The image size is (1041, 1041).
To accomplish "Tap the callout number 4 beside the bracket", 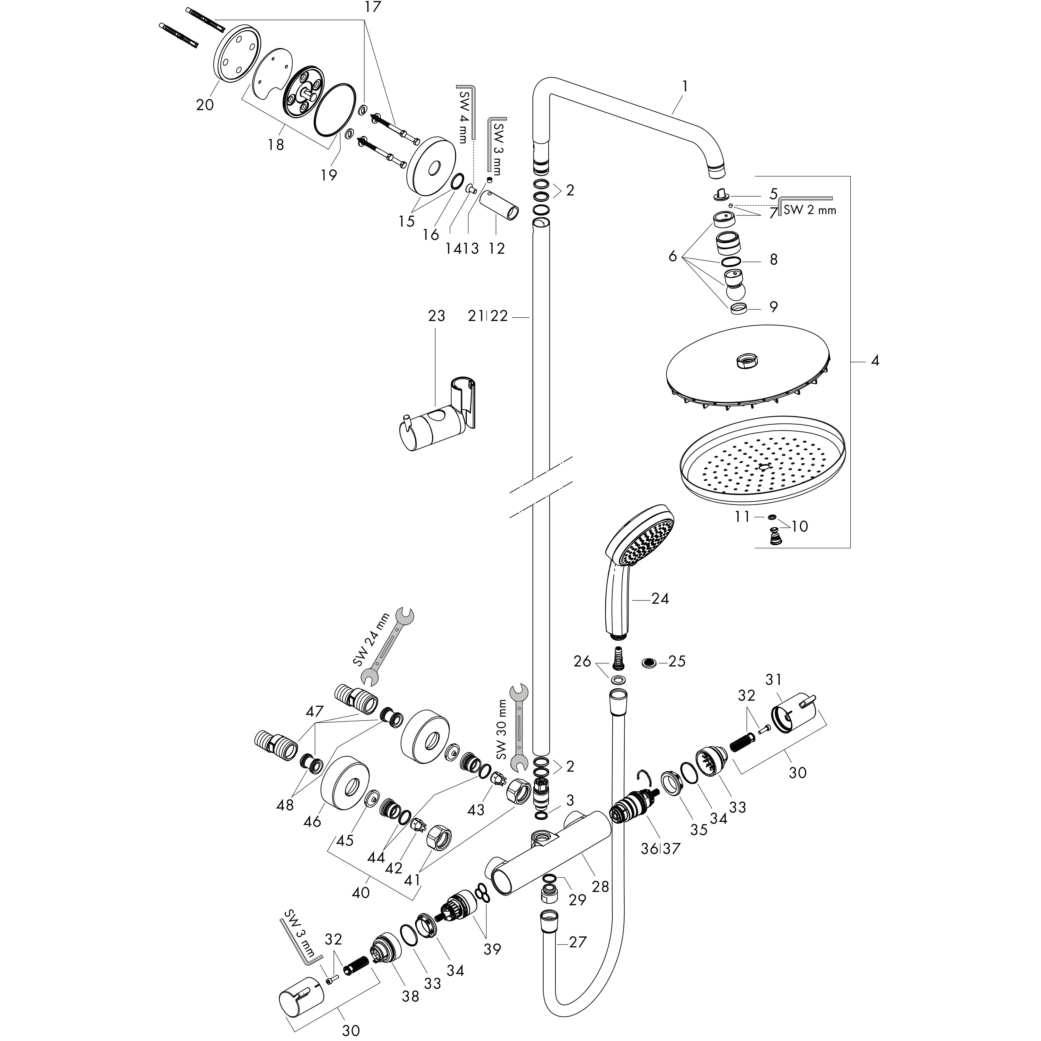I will click(875, 361).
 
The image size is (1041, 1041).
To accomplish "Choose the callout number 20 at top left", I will click(205, 104).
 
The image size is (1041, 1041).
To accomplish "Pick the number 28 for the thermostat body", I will click(600, 886).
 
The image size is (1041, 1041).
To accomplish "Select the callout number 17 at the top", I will click(372, 8).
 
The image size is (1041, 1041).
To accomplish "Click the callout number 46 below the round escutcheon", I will click(313, 822).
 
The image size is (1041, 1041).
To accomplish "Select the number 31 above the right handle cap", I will click(774, 680).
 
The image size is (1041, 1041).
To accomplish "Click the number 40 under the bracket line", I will click(360, 893).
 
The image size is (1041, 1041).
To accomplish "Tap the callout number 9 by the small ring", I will click(773, 307).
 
